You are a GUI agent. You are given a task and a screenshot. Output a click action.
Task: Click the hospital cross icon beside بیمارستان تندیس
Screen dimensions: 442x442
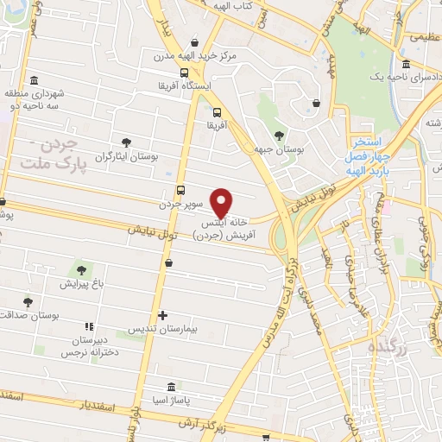tap(162, 316)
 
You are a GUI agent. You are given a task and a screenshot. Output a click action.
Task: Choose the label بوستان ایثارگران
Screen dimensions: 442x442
tap(127, 155)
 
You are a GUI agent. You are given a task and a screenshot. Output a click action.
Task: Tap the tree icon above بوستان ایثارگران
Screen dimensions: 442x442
tap(127, 141)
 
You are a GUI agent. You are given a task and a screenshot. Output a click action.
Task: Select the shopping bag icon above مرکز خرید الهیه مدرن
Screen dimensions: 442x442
tap(196, 42)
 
